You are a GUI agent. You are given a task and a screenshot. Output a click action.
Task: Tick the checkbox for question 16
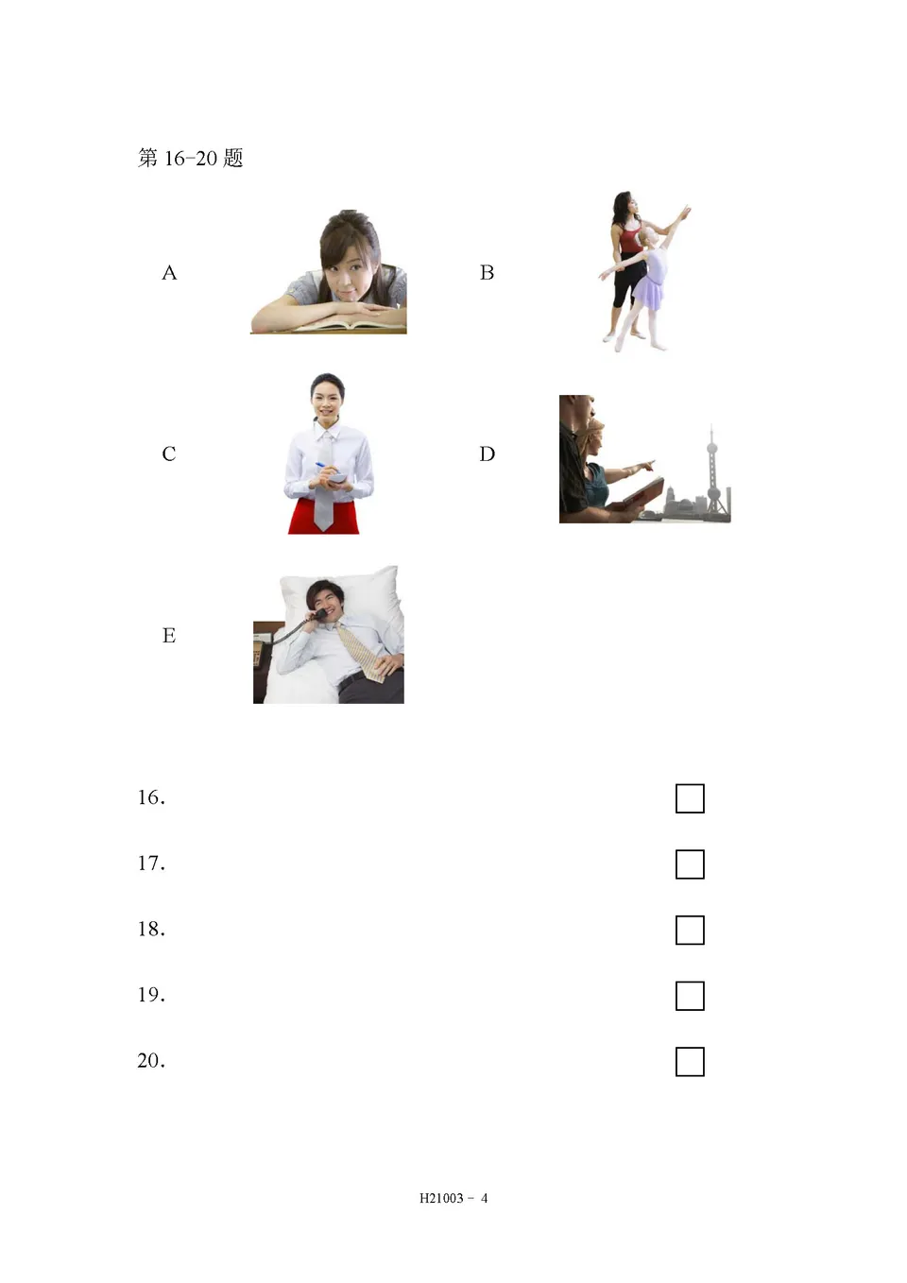pos(690,798)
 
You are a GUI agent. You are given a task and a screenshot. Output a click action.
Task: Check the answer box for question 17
pos(690,864)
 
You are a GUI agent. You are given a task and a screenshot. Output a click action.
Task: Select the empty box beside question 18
pos(690,931)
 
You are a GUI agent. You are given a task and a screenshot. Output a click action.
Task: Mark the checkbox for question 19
pos(690,996)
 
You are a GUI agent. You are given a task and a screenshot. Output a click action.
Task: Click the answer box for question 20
pos(690,1062)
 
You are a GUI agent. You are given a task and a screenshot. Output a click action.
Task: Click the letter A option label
pos(169,273)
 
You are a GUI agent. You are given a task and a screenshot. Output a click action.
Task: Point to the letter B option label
pos(487,273)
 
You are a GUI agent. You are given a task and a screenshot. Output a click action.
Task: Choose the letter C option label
pos(169,454)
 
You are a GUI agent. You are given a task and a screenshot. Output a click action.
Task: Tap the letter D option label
pos(487,454)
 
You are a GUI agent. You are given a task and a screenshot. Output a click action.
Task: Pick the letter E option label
pos(169,636)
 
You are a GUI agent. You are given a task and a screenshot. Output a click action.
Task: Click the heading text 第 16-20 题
pos(191,158)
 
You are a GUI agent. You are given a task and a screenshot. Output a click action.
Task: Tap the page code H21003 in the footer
pos(441,1198)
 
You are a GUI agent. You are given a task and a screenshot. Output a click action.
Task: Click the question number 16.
pos(150,797)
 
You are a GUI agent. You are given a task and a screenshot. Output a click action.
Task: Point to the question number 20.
pos(150,1061)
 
